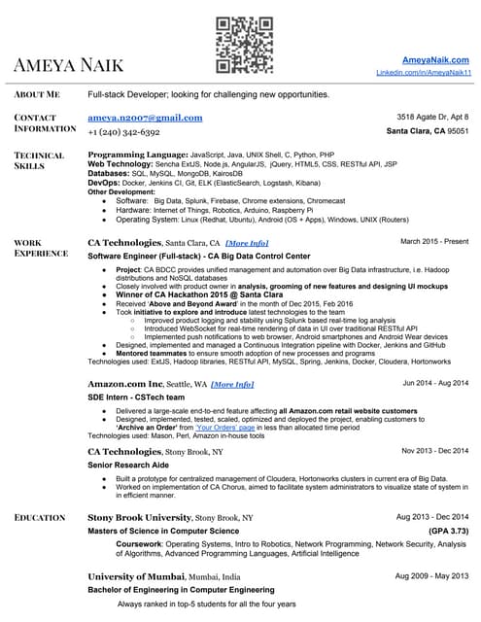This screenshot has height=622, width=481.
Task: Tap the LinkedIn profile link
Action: (x=424, y=73)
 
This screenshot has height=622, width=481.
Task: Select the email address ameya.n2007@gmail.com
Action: (x=145, y=118)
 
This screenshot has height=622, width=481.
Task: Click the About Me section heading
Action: (x=37, y=94)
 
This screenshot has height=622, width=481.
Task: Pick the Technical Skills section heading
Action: (x=40, y=160)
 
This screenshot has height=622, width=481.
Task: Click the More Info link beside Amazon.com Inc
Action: (x=232, y=384)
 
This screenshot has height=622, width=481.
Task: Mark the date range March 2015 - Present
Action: (x=435, y=240)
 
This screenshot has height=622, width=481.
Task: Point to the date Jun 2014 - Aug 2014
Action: (x=435, y=383)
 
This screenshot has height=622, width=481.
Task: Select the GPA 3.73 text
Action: (x=448, y=532)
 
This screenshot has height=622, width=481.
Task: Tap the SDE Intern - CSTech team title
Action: (x=137, y=397)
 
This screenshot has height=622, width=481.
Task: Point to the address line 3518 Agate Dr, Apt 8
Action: (x=427, y=117)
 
